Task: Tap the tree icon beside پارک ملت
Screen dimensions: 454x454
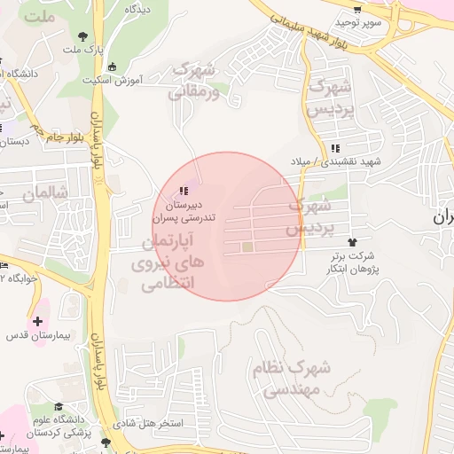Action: [x=83, y=36]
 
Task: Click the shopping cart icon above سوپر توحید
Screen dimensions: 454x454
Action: [x=357, y=9]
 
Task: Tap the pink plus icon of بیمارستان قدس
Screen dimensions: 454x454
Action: [x=37, y=321]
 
